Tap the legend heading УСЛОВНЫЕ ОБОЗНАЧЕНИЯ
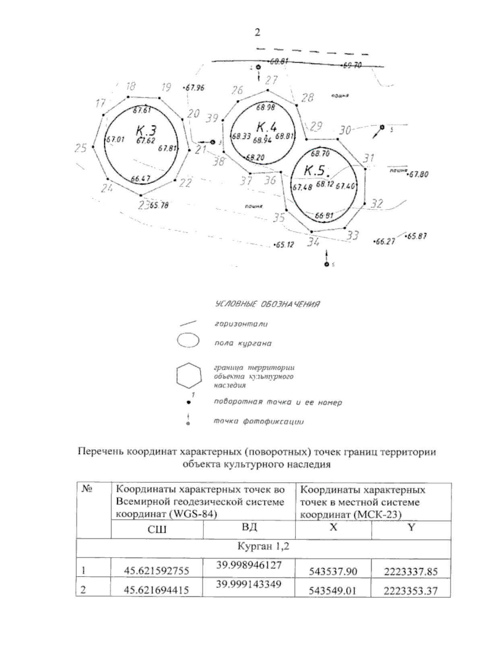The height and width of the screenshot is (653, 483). pos(267,304)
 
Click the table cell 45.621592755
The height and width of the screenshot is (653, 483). pos(157,571)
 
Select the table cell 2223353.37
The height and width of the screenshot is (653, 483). pos(411,591)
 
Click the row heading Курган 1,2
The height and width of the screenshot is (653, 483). pos(263,546)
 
